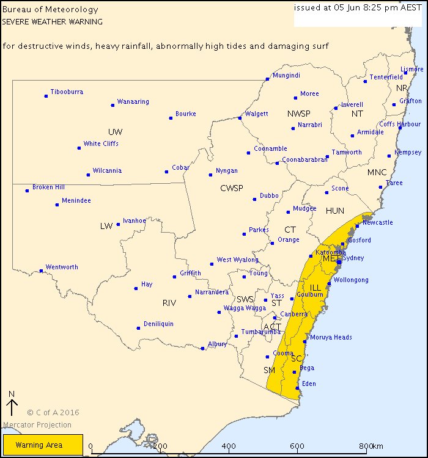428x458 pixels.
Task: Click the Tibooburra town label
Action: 67,92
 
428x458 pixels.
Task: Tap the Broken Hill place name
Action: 48,187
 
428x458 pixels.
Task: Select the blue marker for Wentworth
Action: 41,271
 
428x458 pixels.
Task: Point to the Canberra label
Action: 294,314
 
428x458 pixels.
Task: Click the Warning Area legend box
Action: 43,445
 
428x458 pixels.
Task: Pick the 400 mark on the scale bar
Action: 229,446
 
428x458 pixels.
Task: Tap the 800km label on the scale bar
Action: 371,446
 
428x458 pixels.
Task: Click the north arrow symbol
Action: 11,407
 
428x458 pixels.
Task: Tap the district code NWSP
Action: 299,114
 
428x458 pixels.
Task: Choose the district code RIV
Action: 169,303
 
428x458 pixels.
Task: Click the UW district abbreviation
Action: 115,132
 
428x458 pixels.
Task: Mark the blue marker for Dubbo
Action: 255,199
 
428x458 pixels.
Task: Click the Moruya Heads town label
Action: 330,337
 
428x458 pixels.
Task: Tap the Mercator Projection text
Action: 37,425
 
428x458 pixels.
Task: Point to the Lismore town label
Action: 411,70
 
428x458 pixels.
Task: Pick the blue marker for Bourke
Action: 171,118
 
